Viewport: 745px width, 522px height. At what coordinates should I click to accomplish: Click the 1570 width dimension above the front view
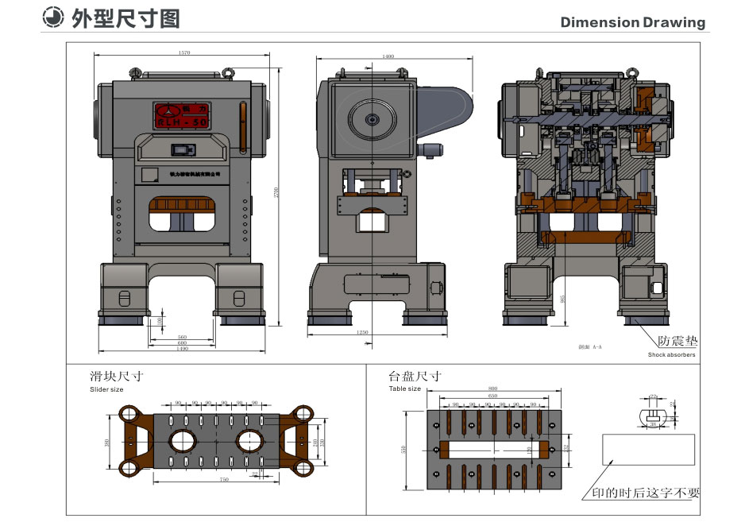[x=184, y=53]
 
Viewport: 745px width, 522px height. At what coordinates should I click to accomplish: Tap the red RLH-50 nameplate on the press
[x=181, y=115]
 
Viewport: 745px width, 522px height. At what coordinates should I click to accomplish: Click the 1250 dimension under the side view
[x=362, y=332]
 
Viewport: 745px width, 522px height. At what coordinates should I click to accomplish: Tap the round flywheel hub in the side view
[x=372, y=119]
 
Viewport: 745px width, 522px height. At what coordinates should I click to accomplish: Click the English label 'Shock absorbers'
[x=671, y=355]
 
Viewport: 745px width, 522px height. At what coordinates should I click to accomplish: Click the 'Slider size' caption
[x=106, y=390]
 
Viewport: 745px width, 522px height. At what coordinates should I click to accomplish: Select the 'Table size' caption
[x=404, y=389]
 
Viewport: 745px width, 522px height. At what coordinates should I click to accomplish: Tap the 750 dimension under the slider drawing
[x=224, y=481]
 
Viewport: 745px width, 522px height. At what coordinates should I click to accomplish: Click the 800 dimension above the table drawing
[x=493, y=389]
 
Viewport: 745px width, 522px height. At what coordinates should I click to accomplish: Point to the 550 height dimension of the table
[x=404, y=449]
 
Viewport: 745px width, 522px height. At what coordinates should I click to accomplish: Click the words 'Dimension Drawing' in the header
[x=632, y=22]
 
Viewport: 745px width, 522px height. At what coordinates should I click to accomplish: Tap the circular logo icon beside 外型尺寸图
[x=52, y=18]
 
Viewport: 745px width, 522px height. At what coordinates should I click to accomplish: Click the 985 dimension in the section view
[x=563, y=298]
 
